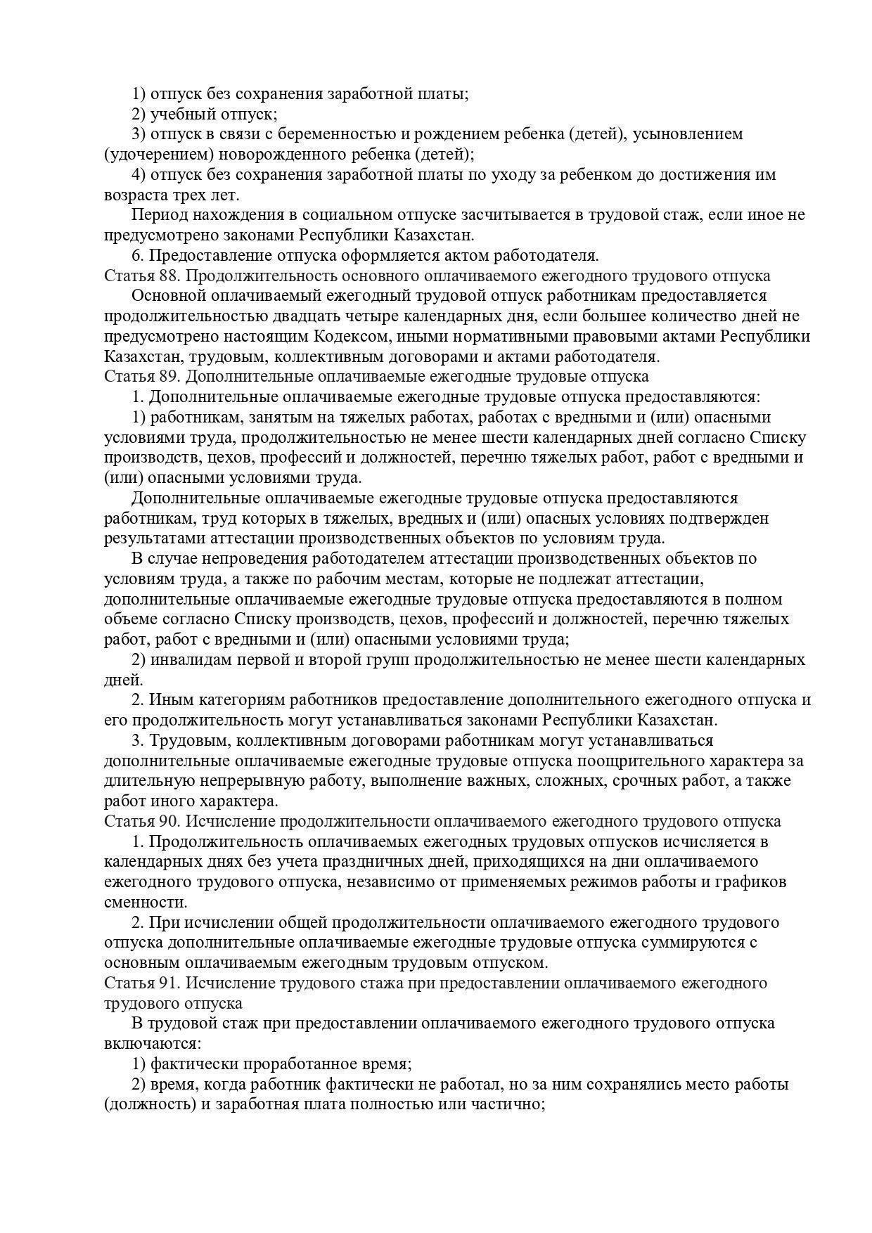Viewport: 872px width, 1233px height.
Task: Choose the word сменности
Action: (x=146, y=902)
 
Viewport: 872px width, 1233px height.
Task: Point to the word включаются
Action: (x=152, y=1043)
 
